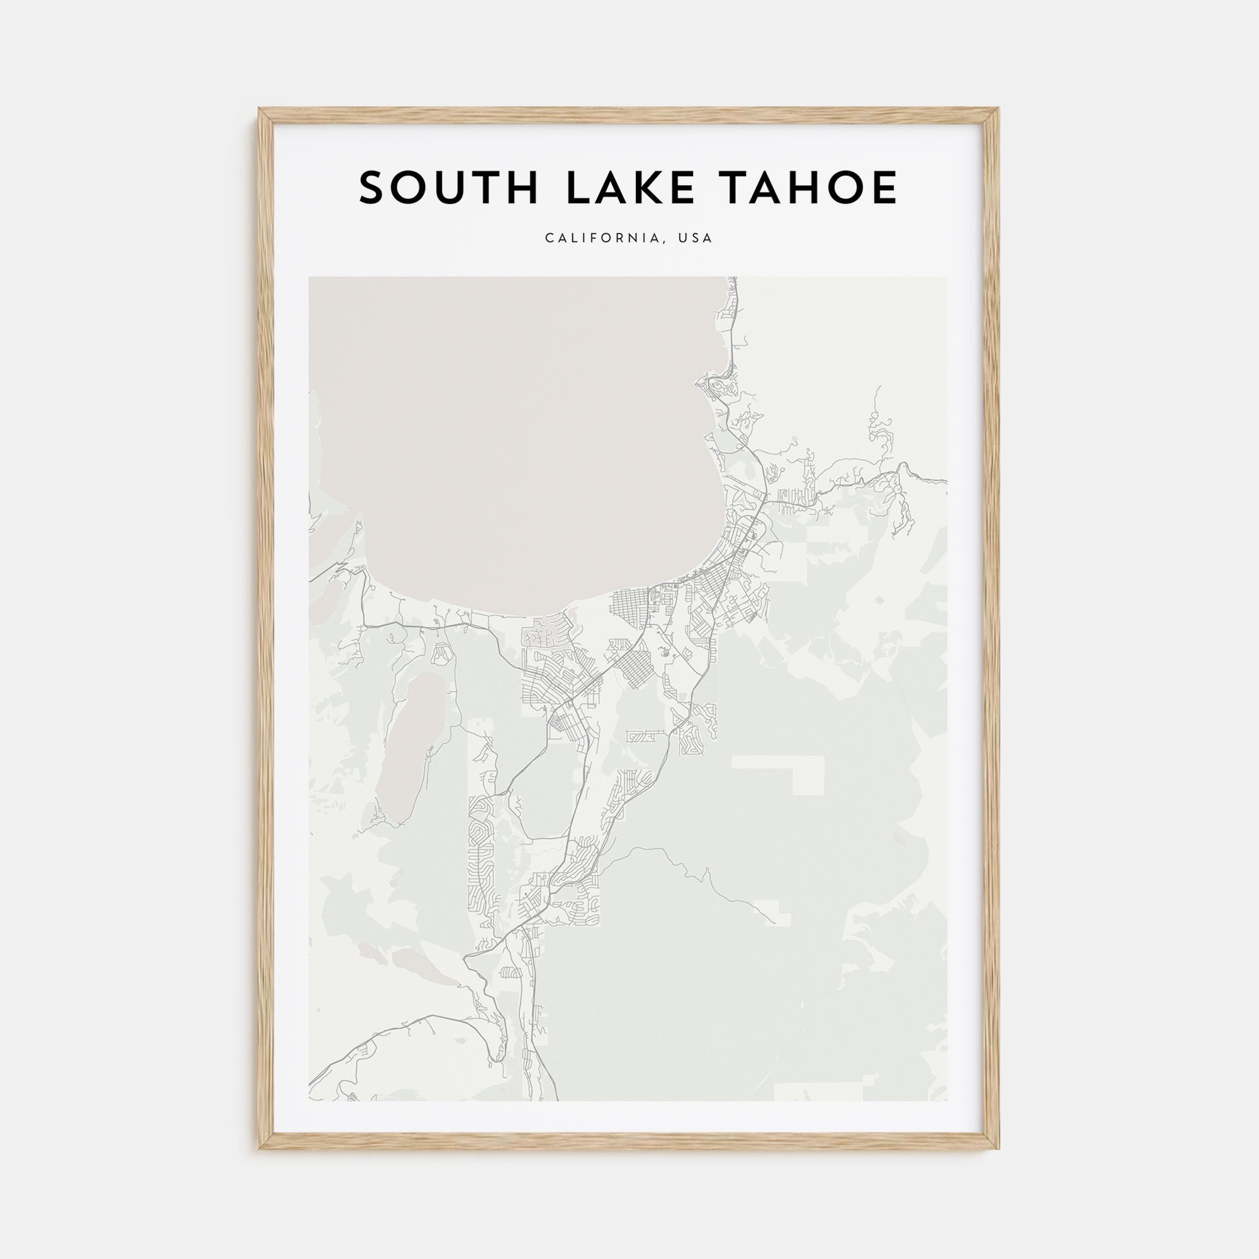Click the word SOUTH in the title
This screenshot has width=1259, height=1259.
click(448, 188)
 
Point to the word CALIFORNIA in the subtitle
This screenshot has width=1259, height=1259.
click(602, 238)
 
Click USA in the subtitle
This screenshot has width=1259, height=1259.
click(696, 238)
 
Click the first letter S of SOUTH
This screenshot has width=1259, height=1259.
click(373, 188)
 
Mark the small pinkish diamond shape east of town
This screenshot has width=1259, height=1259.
click(881, 599)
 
